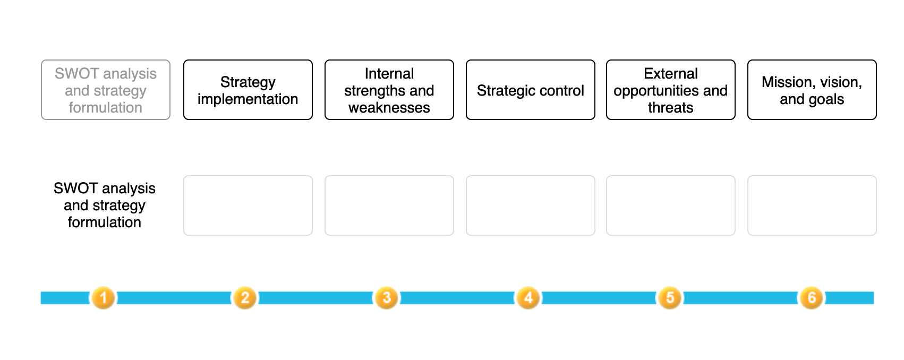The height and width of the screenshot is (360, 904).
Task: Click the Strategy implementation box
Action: (x=248, y=90)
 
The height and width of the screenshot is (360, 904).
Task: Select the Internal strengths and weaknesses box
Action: (x=389, y=90)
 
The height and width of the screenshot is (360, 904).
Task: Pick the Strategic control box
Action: (x=531, y=90)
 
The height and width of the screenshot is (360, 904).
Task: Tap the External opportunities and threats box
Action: (x=671, y=90)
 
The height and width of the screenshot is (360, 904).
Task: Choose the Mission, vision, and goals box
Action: (x=812, y=90)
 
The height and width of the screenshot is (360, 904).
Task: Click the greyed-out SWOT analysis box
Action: (x=106, y=90)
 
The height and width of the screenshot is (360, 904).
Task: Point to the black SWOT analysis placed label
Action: (x=105, y=205)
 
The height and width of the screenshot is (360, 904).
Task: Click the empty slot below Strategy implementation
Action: (x=248, y=205)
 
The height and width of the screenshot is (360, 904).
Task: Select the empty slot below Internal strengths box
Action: (x=389, y=205)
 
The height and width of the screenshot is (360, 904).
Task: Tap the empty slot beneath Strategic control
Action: (x=531, y=205)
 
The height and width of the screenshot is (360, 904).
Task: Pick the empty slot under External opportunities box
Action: (x=671, y=205)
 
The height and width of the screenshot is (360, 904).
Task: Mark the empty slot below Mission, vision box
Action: (x=812, y=205)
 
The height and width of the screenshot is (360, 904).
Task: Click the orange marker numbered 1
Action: (x=104, y=298)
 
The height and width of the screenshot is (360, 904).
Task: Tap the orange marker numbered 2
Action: (x=245, y=298)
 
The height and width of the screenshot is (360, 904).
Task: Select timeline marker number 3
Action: (x=387, y=298)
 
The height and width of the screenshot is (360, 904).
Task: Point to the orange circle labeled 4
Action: (x=528, y=298)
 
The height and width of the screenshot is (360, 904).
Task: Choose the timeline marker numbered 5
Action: (x=670, y=298)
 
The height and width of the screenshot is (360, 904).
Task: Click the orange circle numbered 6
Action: (x=812, y=298)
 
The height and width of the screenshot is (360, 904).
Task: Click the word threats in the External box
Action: (x=671, y=108)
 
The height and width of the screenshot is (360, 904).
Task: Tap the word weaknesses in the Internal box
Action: (x=389, y=108)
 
